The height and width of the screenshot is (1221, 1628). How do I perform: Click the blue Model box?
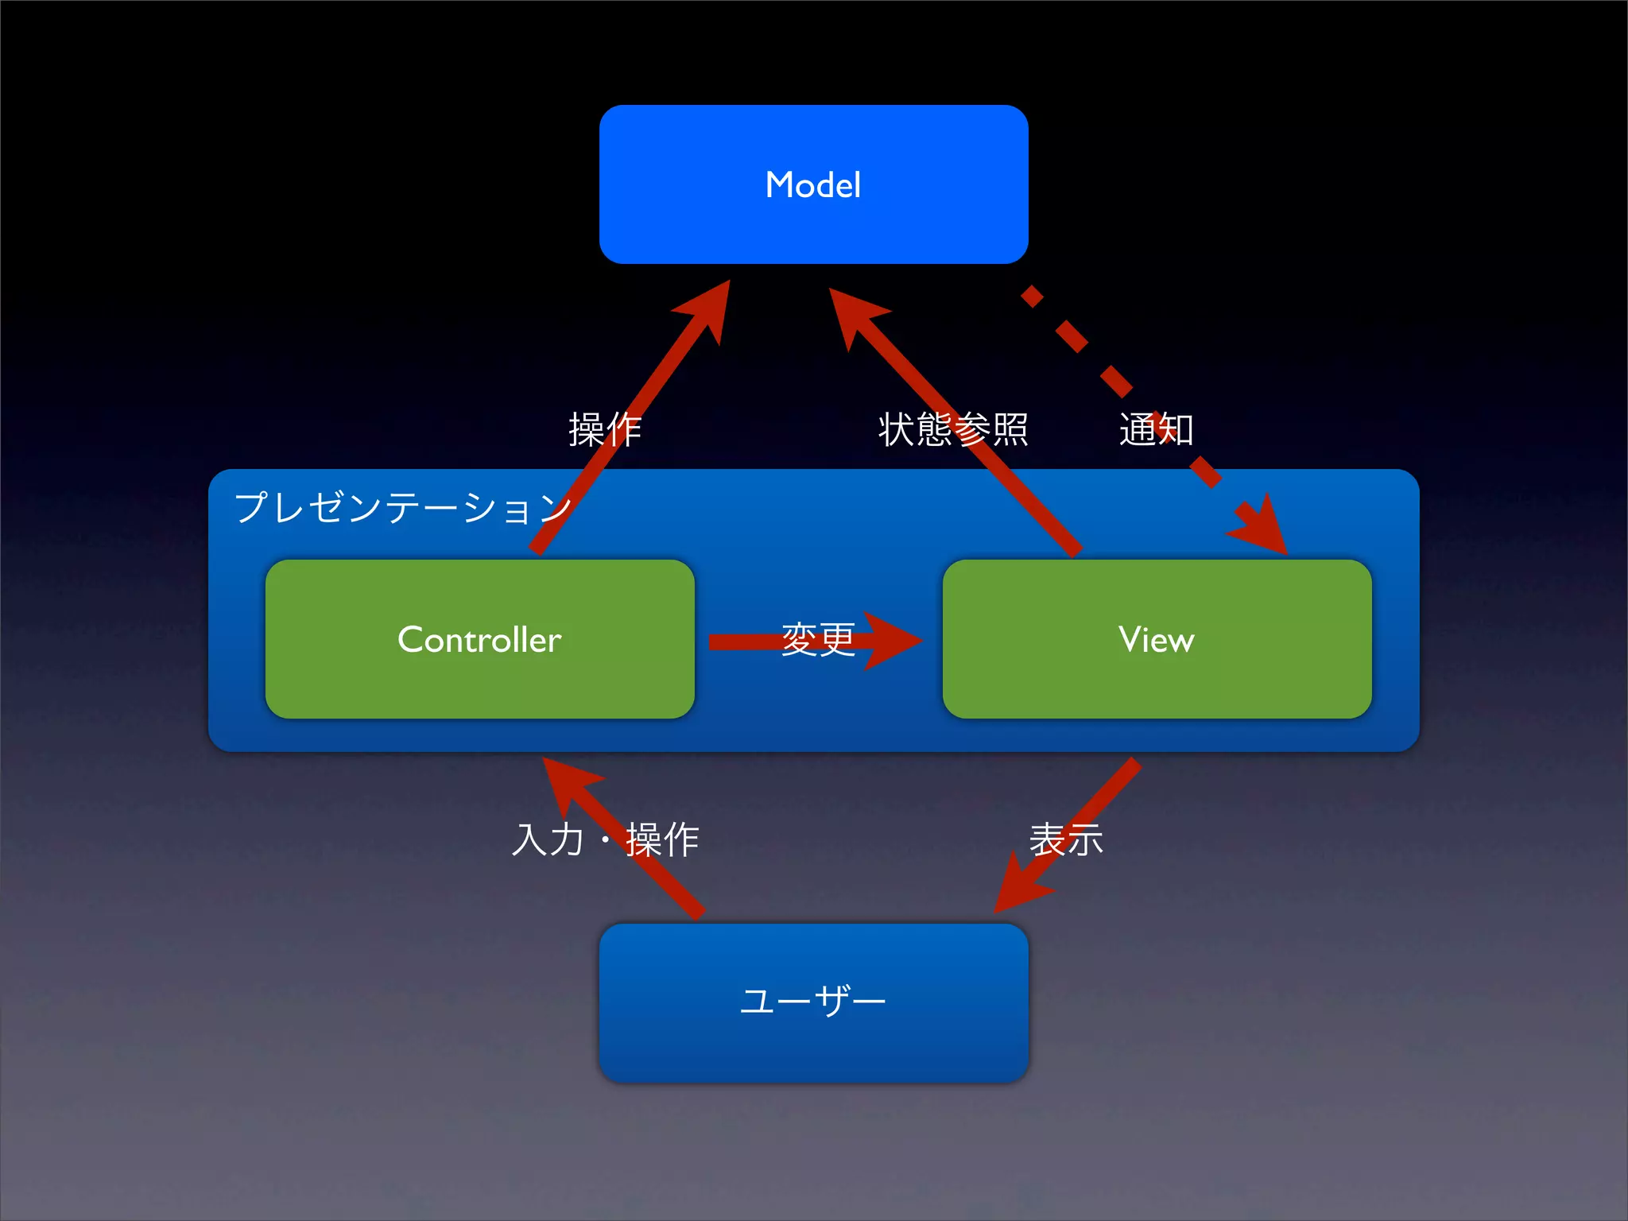coord(813,143)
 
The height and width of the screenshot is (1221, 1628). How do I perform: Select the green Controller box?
coord(479,684)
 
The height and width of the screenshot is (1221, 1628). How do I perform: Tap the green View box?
coord(1157,684)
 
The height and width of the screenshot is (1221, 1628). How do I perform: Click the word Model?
coord(813,185)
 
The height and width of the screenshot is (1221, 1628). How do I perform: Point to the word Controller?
coord(479,640)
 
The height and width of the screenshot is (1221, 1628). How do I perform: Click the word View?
coord(1157,640)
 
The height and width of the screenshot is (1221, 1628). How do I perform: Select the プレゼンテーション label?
coord(402,507)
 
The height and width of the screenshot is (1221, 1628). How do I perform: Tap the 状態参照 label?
coord(953,429)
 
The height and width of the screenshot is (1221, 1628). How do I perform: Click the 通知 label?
coord(1156,429)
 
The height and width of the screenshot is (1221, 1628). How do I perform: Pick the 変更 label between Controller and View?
coord(818,640)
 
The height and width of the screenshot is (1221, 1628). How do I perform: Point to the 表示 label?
coord(1066,839)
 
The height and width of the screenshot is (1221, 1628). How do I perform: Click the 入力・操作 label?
coord(605,839)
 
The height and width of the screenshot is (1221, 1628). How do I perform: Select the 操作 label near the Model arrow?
coord(605,430)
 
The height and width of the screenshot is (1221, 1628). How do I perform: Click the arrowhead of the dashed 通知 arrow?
coord(1264,529)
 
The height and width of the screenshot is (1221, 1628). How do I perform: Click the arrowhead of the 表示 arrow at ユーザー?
coord(1018,886)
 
